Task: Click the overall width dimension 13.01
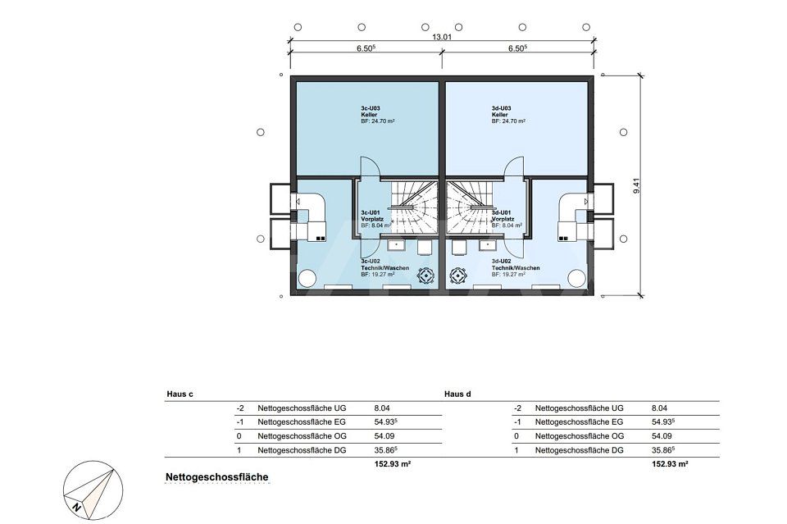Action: click(x=442, y=35)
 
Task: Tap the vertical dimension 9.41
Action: click(x=635, y=185)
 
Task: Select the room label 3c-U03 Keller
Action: click(x=371, y=114)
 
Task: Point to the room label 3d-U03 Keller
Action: click(x=502, y=114)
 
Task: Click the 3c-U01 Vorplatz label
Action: click(x=371, y=219)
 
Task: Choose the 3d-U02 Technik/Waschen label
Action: click(x=515, y=268)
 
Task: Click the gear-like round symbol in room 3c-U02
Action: click(x=425, y=275)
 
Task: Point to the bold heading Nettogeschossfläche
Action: click(x=216, y=476)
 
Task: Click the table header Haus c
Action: click(x=180, y=394)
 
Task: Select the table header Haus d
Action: click(x=457, y=394)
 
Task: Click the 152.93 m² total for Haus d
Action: click(x=669, y=464)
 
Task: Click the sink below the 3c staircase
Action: click(x=397, y=244)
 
